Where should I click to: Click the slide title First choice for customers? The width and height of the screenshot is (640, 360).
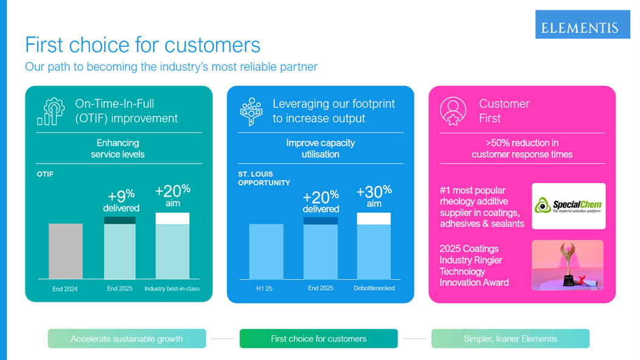click(142, 44)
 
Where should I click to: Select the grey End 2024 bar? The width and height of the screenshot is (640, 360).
click(66, 251)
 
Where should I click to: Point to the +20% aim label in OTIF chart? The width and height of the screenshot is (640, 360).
click(173, 196)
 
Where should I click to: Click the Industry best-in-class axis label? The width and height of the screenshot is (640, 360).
click(172, 288)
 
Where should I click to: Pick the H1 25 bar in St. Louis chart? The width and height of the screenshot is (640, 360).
click(266, 251)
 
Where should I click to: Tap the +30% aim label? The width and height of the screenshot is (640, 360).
click(374, 196)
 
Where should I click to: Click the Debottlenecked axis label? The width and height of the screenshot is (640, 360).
click(374, 288)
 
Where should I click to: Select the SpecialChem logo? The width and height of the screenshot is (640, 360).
click(568, 206)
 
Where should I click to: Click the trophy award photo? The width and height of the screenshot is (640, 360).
click(567, 265)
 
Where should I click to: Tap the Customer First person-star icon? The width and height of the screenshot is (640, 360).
click(453, 111)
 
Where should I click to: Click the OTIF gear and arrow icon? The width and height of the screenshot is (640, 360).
click(50, 111)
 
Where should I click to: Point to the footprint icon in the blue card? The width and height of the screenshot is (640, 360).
click(251, 111)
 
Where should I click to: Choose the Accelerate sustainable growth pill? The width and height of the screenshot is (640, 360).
click(127, 339)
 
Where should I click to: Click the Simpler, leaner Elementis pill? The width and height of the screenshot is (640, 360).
click(510, 339)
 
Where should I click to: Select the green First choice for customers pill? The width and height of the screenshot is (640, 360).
click(319, 339)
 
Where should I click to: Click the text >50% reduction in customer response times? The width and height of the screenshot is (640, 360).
click(522, 148)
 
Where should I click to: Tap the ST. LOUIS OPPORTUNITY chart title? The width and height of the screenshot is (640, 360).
click(264, 178)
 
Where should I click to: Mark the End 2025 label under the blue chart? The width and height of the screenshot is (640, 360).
click(321, 288)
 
